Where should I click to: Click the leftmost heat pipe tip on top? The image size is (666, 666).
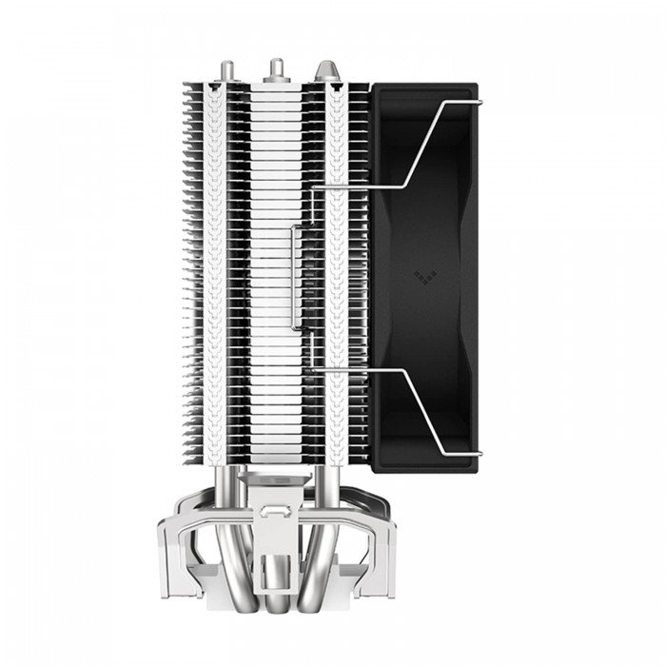point(230,68)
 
